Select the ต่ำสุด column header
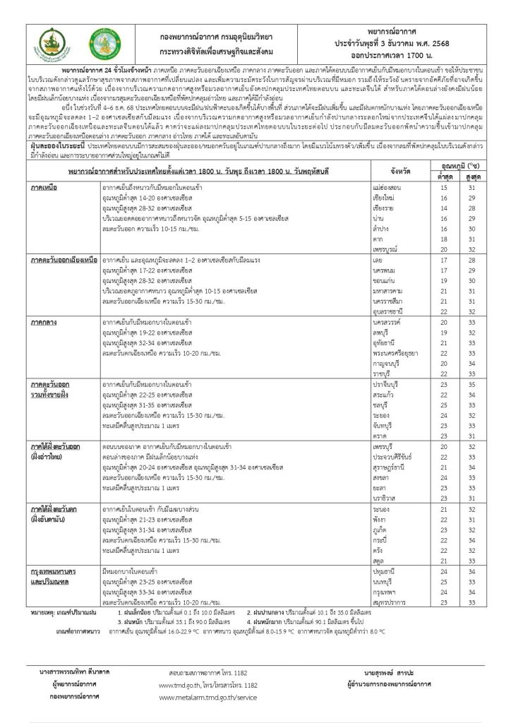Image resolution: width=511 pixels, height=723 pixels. [x=443, y=176]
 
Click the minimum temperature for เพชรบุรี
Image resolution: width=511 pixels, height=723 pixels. [x=443, y=447]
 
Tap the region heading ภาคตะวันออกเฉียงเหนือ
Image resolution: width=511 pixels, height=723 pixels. [x=63, y=261]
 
